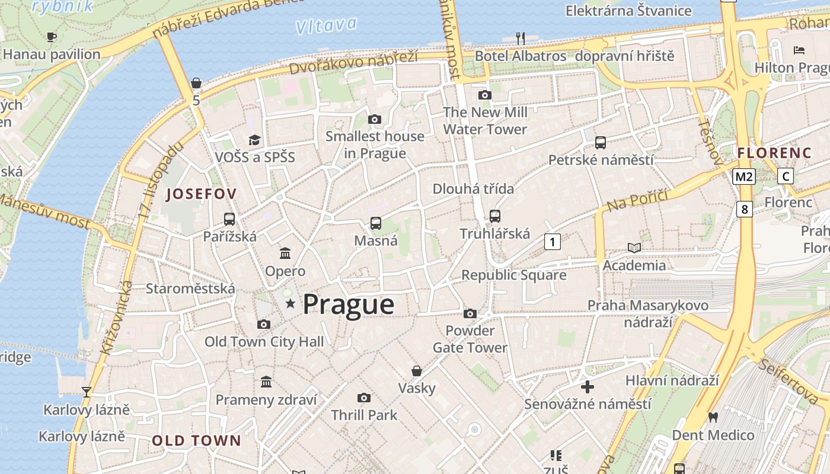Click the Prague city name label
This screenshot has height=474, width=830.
pos(349,305)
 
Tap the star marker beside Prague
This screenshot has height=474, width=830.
pos(290,304)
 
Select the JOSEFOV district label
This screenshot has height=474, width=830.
pos(202,194)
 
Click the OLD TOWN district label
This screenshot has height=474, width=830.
pos(197,440)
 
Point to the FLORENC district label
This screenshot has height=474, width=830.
pos(774,153)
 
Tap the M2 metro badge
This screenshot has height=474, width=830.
pos(744,176)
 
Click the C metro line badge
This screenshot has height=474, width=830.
pos(786,176)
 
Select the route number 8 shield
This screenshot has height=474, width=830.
pos(745,209)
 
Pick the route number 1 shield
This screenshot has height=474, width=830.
pos(553,241)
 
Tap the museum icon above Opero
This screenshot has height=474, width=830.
pos(285,254)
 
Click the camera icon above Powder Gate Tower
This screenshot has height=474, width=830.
pos(470,313)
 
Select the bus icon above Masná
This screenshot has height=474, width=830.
pos(376,223)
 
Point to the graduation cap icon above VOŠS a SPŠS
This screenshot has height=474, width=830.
pos(254,140)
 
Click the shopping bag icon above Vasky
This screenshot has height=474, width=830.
pos(417,371)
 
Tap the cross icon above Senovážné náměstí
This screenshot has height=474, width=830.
pos(588,387)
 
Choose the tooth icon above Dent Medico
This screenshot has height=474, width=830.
pos(713,417)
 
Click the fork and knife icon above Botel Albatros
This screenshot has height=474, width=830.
pos(521,39)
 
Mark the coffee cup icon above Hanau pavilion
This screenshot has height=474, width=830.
pos(52,37)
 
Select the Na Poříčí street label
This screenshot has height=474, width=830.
pos(637,200)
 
